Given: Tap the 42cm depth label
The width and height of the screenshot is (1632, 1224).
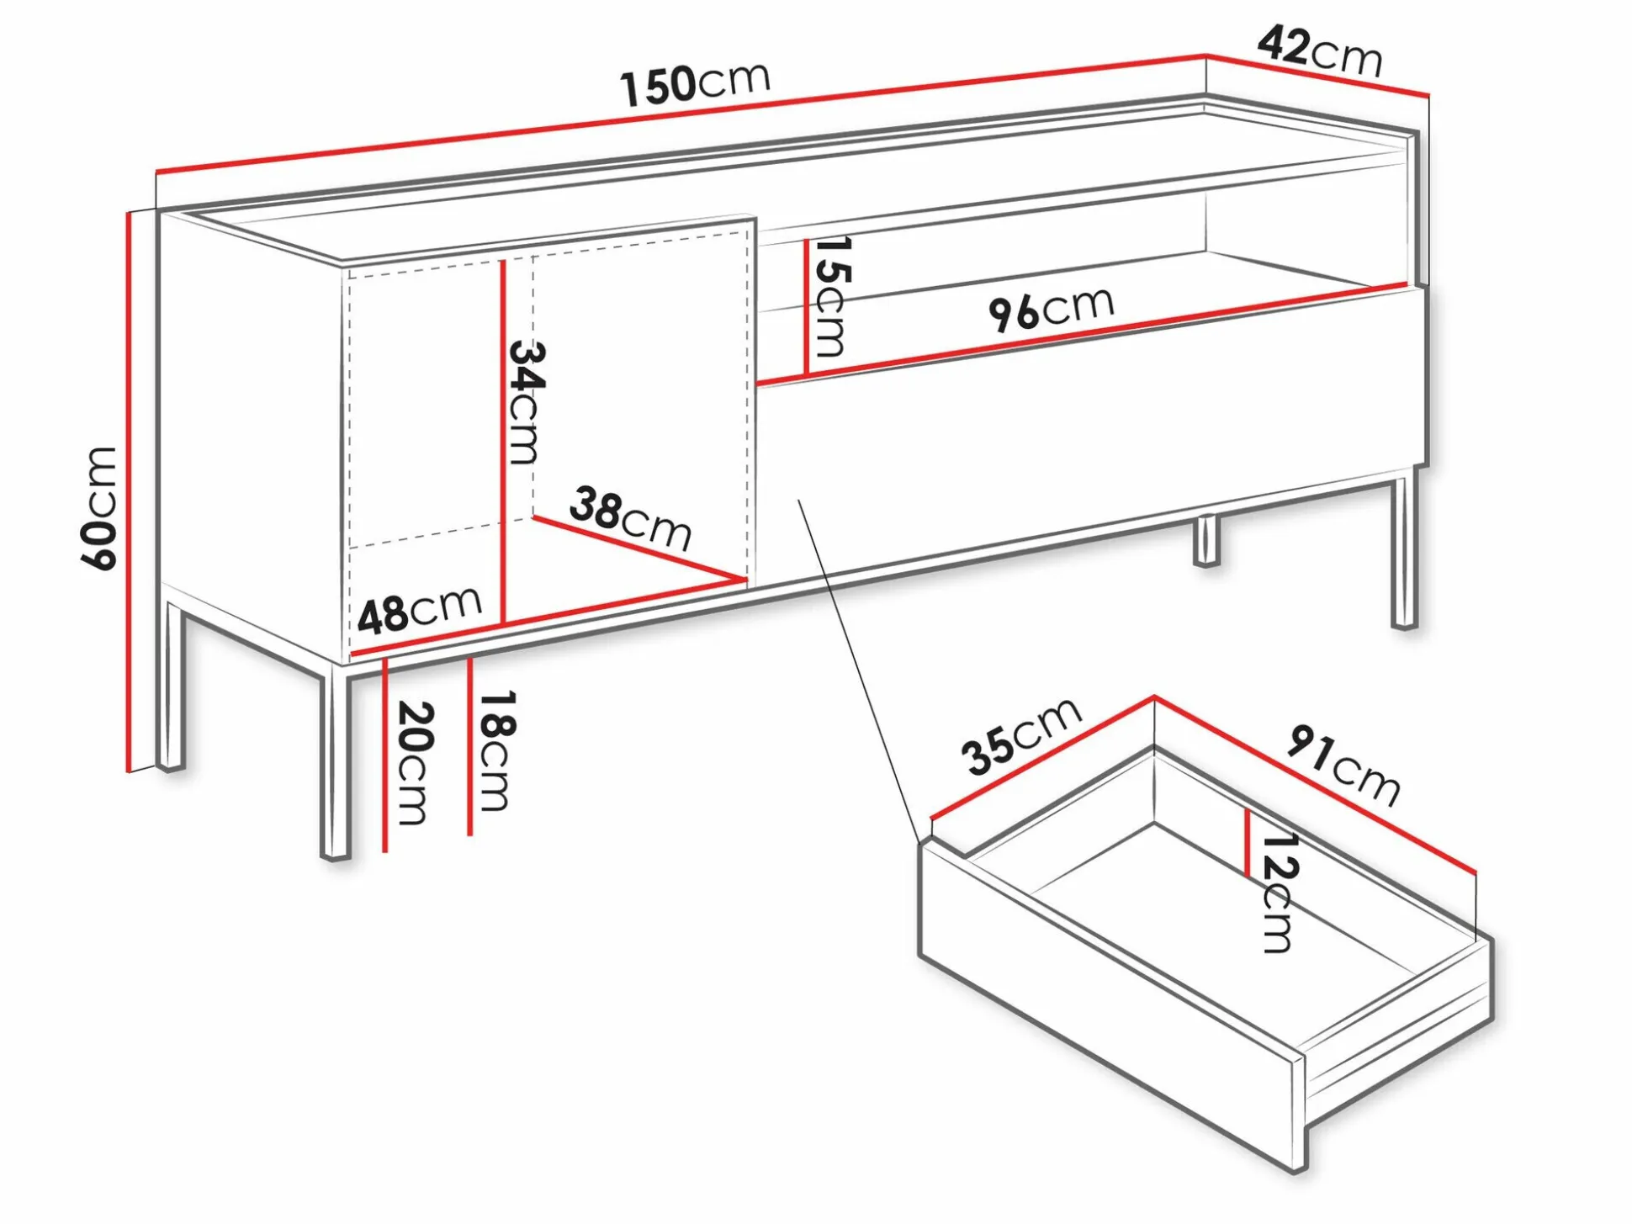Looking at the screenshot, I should [x=1319, y=52].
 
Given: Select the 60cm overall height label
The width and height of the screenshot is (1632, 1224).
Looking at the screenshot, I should [x=99, y=509].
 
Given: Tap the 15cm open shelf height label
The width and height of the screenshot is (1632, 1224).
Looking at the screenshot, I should [x=833, y=296].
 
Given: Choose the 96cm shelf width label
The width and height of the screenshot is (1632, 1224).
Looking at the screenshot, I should [x=1051, y=309].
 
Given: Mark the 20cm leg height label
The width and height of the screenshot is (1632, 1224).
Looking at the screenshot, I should [x=414, y=762].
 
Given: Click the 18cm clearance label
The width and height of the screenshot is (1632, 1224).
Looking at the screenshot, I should [x=496, y=750].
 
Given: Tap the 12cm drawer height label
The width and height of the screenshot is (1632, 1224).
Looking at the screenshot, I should [x=1280, y=892].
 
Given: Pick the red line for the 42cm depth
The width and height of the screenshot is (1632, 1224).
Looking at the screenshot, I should [x=1317, y=74].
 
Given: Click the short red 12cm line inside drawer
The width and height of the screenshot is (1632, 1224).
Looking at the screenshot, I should [x=1248, y=842].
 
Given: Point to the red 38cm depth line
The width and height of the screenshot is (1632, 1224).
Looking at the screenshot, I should [x=639, y=548].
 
